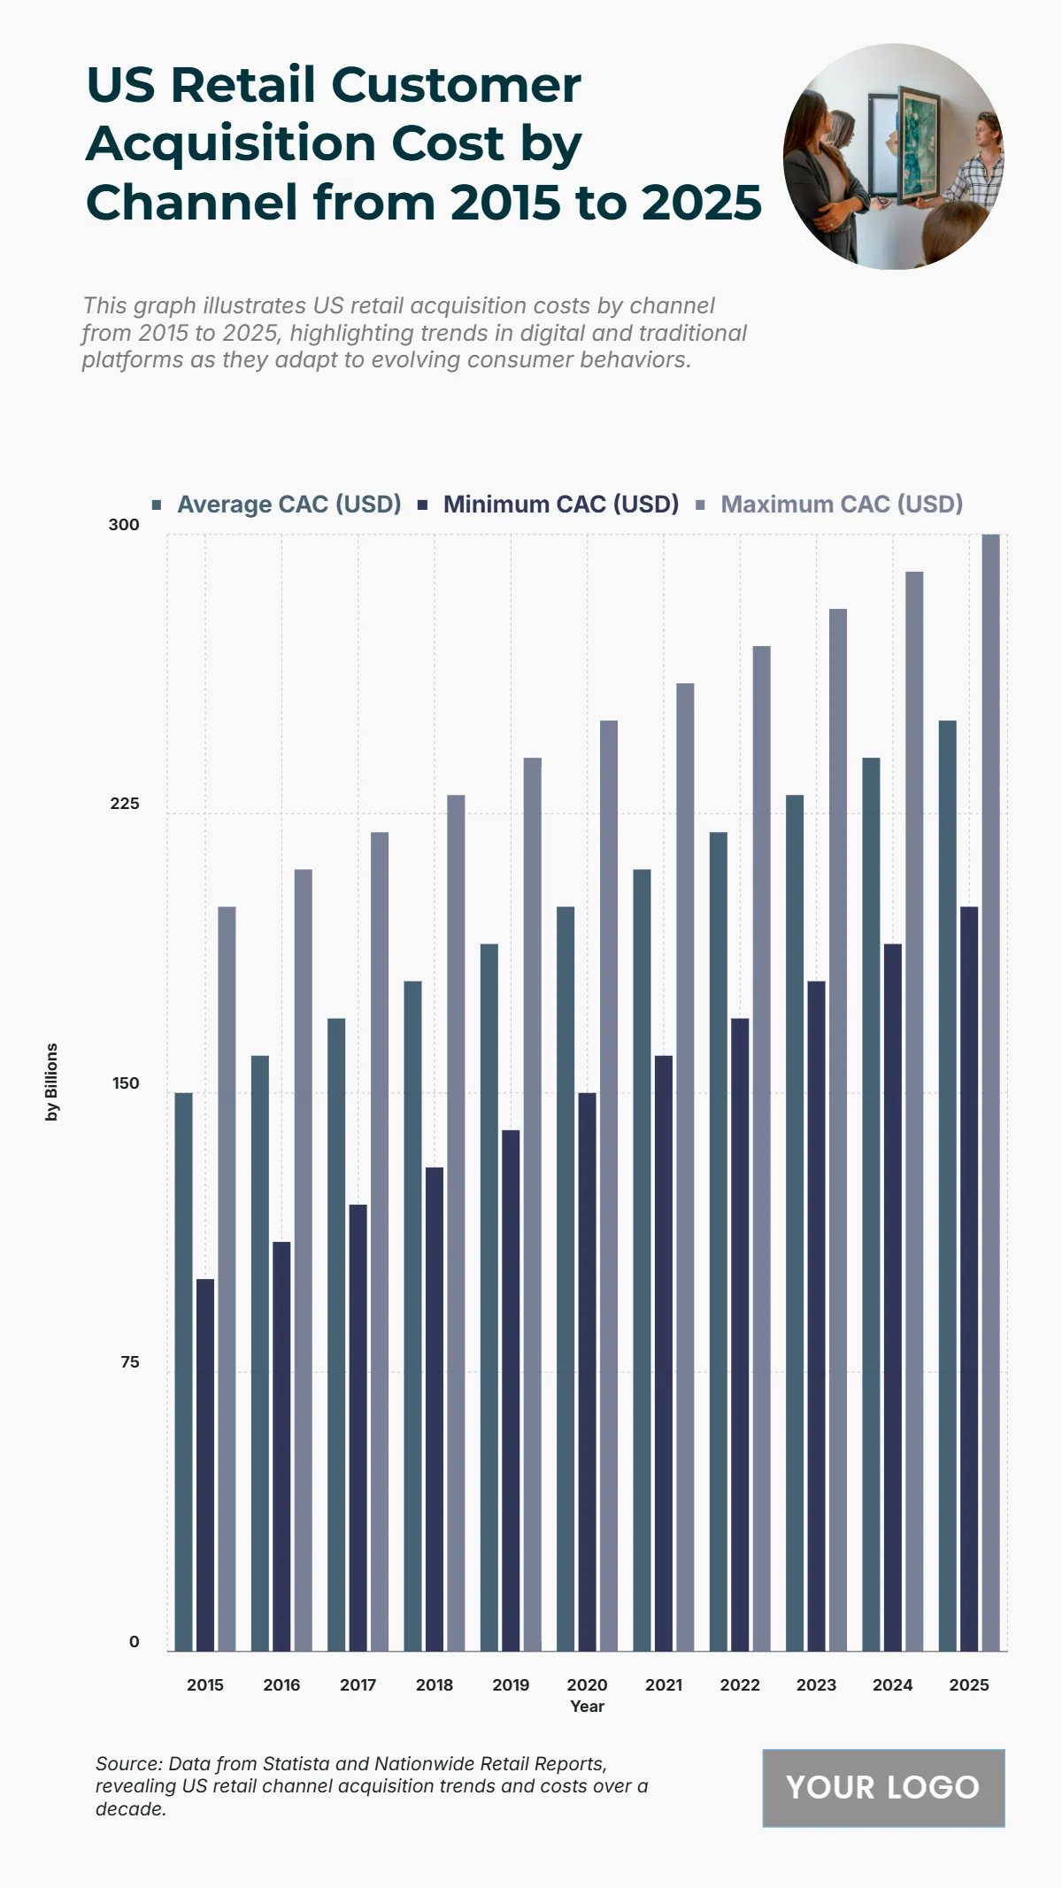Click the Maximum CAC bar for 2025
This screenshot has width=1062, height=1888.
pos(990,1092)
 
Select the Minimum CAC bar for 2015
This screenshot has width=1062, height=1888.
pos(205,1465)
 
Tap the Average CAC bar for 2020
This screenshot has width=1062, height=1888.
pos(566,1278)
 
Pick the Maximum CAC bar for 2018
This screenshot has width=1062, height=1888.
pos(456,1222)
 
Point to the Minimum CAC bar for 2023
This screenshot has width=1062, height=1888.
pos(816,1315)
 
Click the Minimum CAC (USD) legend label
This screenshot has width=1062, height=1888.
pos(560,505)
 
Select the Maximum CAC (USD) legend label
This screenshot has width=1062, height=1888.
pos(841,505)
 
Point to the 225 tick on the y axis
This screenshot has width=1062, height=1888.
pos(125,804)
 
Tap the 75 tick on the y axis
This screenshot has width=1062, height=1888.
pos(129,1362)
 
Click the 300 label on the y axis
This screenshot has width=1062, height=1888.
pos(124,525)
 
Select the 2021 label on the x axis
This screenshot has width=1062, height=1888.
pos(664,1685)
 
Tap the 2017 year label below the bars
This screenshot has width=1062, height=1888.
pos(358,1685)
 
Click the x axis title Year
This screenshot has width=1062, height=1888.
pos(587,1707)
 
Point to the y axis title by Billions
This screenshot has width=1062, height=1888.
pos(52,1082)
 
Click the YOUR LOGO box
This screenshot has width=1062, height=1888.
pos(883,1787)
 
